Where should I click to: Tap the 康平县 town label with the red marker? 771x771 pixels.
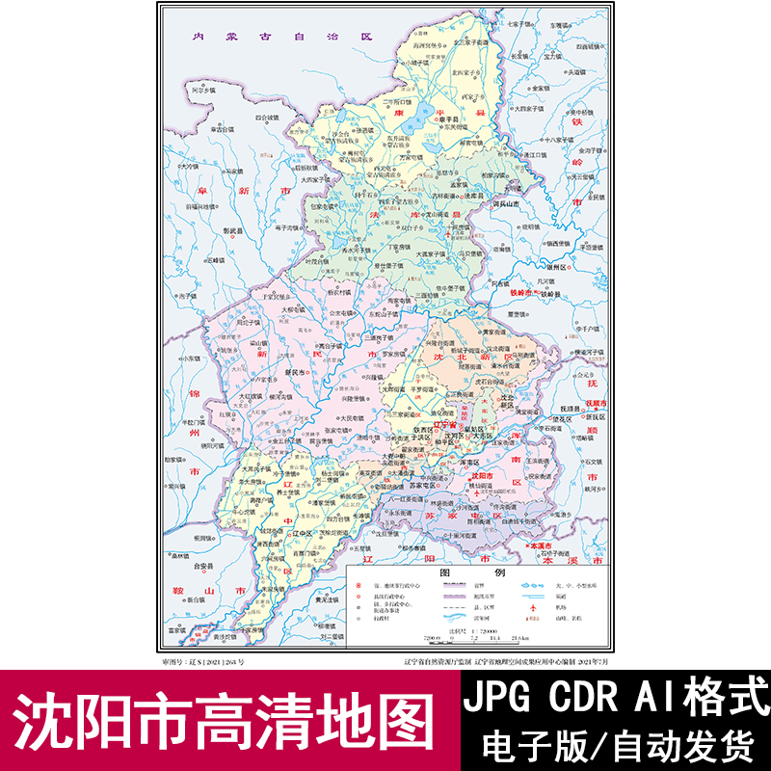(x=439, y=118)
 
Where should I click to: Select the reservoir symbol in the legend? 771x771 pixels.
(x=535, y=585)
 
